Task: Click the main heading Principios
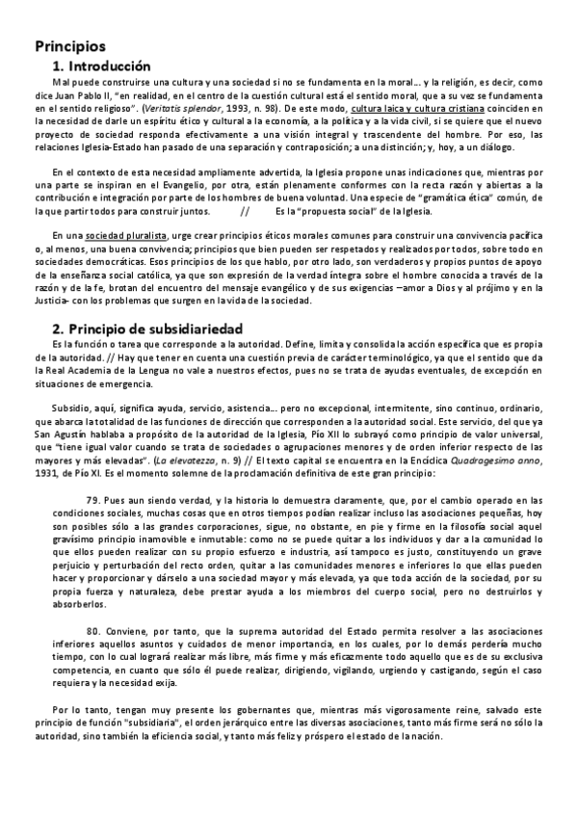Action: [x=70, y=46]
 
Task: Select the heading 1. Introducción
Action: [x=103, y=66]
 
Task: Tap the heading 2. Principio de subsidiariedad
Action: [x=146, y=329]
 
